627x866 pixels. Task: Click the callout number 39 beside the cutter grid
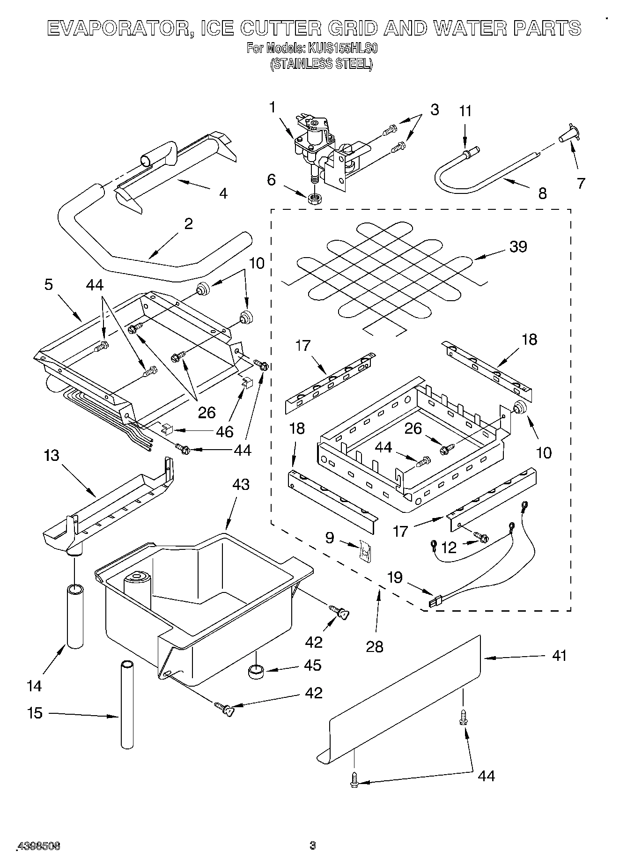518,247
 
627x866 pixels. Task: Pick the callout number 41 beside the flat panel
559,656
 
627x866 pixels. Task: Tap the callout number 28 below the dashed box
375,646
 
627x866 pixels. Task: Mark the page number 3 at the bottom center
313,845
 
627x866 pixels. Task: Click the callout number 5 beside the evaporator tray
49,285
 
